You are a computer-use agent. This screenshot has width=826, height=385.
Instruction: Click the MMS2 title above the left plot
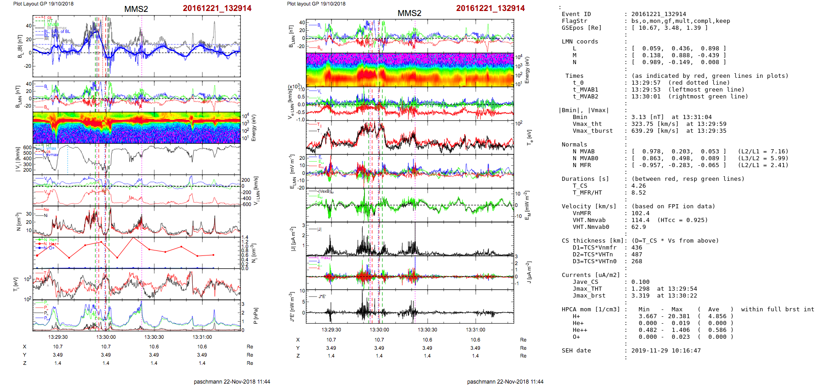pos(136,9)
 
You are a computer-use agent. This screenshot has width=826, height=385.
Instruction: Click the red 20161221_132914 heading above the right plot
pos(490,8)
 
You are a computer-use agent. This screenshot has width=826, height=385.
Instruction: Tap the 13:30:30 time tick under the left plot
pos(154,337)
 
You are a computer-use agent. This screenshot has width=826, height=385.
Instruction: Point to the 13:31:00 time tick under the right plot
pos(475,330)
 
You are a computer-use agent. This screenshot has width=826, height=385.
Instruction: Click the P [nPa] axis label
pos(255,316)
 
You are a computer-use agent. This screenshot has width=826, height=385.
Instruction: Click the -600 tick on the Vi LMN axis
pos(247,204)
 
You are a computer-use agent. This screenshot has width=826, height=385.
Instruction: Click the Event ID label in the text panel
pos(576,14)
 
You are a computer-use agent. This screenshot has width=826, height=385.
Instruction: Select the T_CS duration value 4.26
pos(638,186)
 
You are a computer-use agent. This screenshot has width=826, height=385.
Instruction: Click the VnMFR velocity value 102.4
pos(640,213)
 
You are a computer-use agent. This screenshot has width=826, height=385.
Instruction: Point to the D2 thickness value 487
pos(636,255)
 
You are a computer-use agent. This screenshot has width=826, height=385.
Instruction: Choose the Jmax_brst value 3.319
pos(640,296)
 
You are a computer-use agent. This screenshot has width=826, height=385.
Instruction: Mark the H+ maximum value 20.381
pos(679,316)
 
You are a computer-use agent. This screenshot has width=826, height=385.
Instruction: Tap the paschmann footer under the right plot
pos(505,381)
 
